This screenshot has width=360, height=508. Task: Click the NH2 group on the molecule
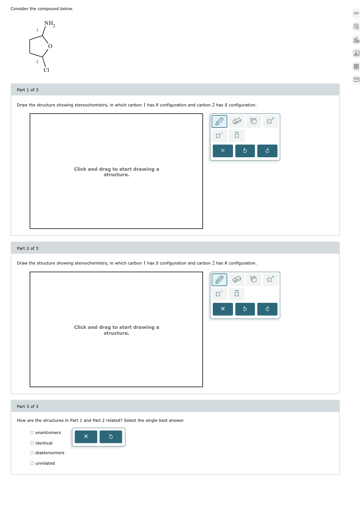point(50,24)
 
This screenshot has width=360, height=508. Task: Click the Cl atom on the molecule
point(46,70)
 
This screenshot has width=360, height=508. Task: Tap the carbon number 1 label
point(37,30)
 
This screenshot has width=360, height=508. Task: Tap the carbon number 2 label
point(37,62)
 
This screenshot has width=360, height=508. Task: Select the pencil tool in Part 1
point(219,122)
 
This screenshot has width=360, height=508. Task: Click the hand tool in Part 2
point(254,280)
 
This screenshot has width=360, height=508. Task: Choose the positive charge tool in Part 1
point(270,122)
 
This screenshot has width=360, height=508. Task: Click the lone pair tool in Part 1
point(237,135)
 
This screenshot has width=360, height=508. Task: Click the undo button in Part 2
point(245,309)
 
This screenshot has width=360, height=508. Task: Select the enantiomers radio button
point(32,433)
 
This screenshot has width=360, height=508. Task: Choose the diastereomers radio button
point(32,453)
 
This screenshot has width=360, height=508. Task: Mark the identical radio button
point(32,443)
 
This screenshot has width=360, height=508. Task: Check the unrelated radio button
point(32,463)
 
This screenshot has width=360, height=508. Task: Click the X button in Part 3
point(86,437)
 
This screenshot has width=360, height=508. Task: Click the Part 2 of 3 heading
point(28,248)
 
